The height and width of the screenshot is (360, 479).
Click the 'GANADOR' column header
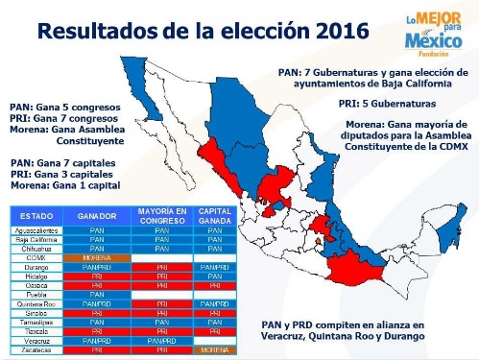[96, 215]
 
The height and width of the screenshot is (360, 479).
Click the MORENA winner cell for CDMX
[96, 256]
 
